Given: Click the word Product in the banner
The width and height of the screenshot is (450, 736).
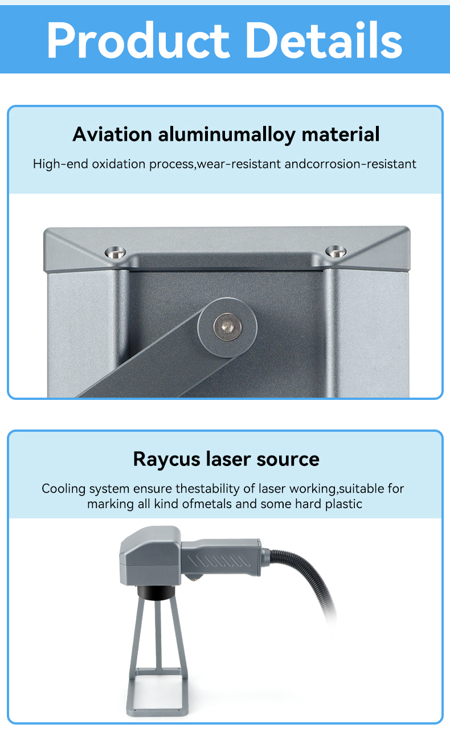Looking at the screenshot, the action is click(138, 40).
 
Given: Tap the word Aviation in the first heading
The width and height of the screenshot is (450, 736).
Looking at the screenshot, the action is click(112, 134).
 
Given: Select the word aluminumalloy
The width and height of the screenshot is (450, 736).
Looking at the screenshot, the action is click(227, 134).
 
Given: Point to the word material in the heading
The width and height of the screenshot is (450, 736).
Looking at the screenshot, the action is click(341, 134).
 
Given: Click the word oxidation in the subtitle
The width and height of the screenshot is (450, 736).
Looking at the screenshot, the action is click(118, 163).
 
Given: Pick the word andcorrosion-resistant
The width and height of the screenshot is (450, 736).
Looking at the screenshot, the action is click(350, 163).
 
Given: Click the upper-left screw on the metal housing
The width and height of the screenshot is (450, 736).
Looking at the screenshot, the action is click(115, 253).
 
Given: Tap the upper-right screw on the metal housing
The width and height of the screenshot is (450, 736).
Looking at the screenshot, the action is click(336, 252).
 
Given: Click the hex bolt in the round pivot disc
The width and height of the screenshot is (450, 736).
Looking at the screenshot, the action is click(227, 326).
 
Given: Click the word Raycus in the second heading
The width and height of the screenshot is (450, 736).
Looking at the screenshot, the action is click(166, 459).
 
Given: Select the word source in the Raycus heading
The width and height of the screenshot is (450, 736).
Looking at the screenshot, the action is click(288, 460).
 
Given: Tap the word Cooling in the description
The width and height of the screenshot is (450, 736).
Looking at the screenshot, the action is click(64, 489).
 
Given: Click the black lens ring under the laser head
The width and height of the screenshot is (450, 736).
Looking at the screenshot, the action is click(154, 592).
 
